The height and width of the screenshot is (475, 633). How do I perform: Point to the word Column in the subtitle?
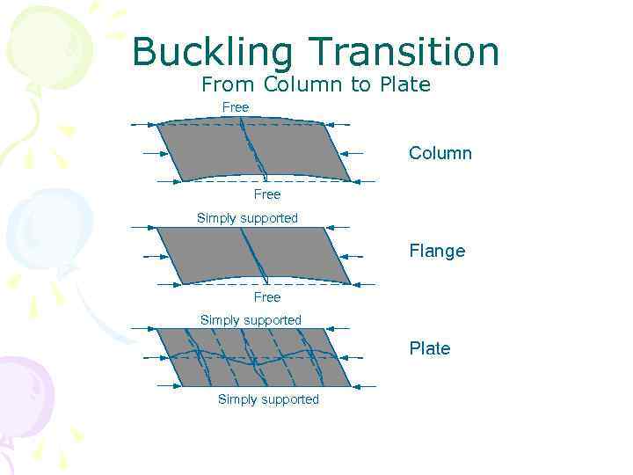coord(299,85)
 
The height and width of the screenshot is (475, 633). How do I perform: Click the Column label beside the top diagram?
coord(440,154)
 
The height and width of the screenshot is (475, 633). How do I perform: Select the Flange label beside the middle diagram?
coord(437,252)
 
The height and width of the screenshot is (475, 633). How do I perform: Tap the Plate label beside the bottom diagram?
coord(429,348)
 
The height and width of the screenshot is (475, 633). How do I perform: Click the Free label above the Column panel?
coord(236,107)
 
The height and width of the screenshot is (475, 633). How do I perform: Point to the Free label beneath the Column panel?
coord(266,194)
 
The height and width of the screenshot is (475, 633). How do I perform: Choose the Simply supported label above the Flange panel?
coord(247,218)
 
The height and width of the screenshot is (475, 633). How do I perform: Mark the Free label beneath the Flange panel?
coord(266,297)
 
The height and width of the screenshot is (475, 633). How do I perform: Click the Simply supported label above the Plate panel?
coord(251,320)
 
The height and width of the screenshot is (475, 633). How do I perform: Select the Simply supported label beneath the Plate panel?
coord(268,399)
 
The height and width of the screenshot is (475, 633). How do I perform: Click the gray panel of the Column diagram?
coord(211,151)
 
